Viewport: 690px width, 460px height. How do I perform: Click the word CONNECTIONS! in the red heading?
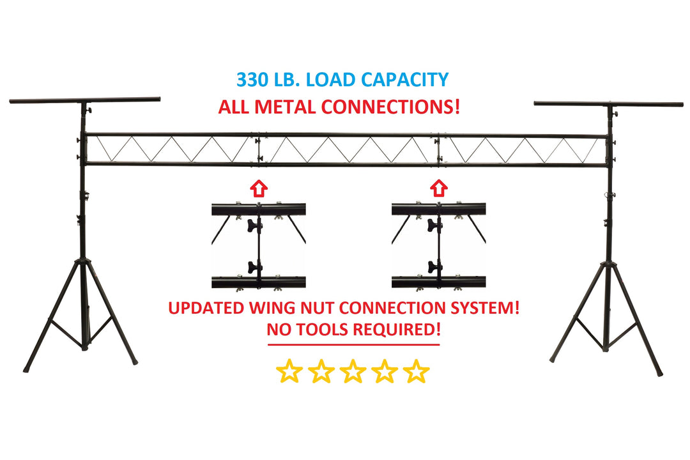[392, 107]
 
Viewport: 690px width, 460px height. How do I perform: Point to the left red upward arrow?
[257, 188]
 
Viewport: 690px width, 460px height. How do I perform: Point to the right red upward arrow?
[438, 188]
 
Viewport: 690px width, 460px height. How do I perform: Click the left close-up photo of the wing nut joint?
[258, 245]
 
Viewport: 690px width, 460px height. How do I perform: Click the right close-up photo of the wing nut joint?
[438, 245]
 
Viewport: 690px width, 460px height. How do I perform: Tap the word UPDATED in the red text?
[206, 308]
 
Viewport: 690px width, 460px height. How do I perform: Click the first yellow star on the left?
[289, 371]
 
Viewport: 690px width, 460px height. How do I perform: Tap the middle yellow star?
[353, 371]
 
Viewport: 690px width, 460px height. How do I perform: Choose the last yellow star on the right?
[417, 371]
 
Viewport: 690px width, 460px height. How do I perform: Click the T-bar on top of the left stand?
[84, 100]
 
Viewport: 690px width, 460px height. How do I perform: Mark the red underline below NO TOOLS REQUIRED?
[353, 345]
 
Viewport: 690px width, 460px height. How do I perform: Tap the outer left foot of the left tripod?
[27, 369]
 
